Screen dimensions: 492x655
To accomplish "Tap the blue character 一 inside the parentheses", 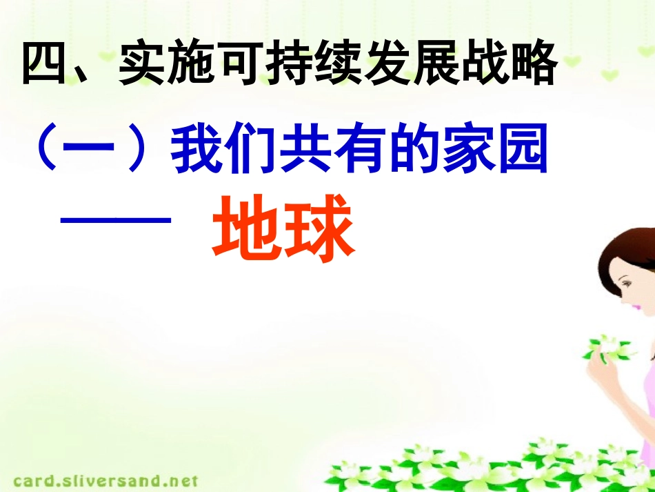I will tap(90, 153).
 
